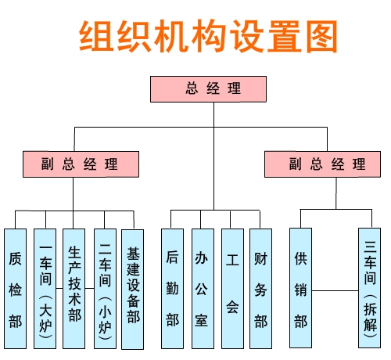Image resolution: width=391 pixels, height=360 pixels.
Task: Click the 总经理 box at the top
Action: tap(208, 89)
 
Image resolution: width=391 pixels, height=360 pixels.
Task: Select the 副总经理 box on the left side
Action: tap(81, 164)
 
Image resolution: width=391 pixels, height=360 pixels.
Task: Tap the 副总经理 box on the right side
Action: tap(322, 164)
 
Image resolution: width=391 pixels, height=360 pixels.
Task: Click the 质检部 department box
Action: tap(16, 289)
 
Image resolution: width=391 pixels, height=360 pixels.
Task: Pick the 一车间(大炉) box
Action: tap(45, 289)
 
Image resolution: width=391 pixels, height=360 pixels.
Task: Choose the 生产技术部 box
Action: tap(74, 289)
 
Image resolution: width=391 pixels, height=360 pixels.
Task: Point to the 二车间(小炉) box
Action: tap(105, 289)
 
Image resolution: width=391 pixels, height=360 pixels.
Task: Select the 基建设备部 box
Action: tap(133, 290)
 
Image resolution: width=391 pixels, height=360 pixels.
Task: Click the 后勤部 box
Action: tap(172, 289)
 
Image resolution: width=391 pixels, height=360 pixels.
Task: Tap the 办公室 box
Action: tap(203, 289)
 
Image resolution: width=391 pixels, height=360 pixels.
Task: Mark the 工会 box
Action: tap(232, 289)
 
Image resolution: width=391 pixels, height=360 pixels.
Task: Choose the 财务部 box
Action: tap(261, 289)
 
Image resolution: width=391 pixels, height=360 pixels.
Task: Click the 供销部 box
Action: tap(301, 288)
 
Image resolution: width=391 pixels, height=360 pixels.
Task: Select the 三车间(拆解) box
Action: tap(370, 288)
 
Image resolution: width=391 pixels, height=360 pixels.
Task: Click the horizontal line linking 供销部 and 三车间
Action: tap(335, 290)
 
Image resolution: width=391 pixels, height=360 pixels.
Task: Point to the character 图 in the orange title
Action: tap(322, 37)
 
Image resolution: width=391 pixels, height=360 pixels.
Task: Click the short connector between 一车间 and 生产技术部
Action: tap(59, 288)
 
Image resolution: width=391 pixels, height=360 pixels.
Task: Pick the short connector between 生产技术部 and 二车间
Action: tap(90, 288)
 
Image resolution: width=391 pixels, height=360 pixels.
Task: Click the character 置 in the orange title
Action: tap(284, 37)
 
